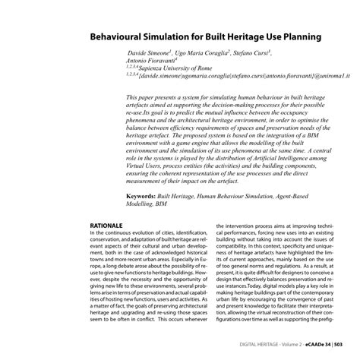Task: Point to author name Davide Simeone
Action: (x=148, y=55)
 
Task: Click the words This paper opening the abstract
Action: (x=141, y=99)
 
